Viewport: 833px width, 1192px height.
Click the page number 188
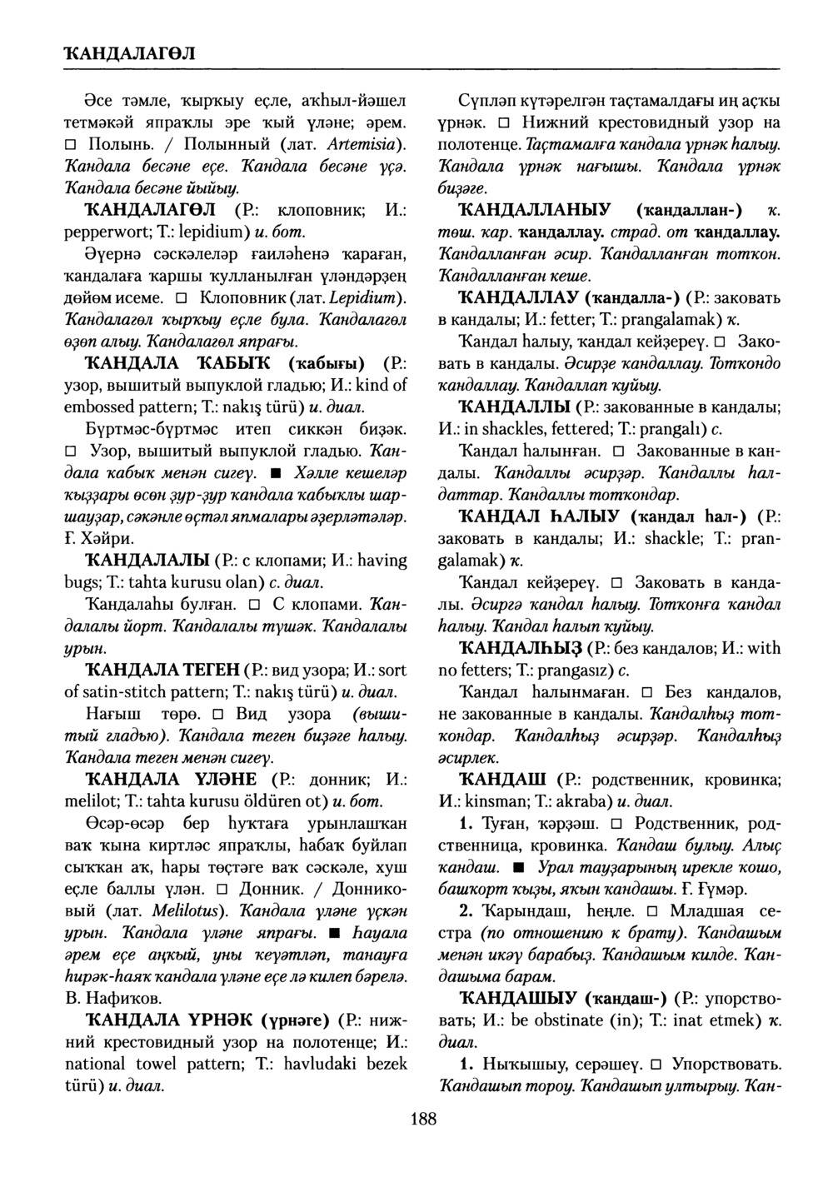[423, 1119]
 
